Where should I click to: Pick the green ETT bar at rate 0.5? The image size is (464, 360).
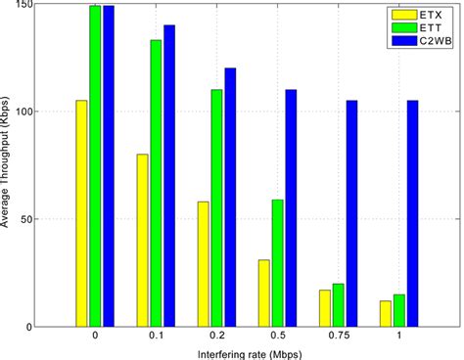pyautogui.click(x=277, y=263)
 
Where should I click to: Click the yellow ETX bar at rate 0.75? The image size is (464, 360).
pyautogui.click(x=324, y=308)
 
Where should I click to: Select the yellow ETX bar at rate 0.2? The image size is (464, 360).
pyautogui.click(x=203, y=264)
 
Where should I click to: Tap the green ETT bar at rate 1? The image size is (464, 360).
pyautogui.click(x=398, y=310)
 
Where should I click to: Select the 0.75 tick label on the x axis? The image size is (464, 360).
pyautogui.click(x=338, y=337)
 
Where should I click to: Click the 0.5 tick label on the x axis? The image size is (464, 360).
pyautogui.click(x=277, y=337)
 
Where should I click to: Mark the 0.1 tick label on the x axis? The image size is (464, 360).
pyautogui.click(x=156, y=337)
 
